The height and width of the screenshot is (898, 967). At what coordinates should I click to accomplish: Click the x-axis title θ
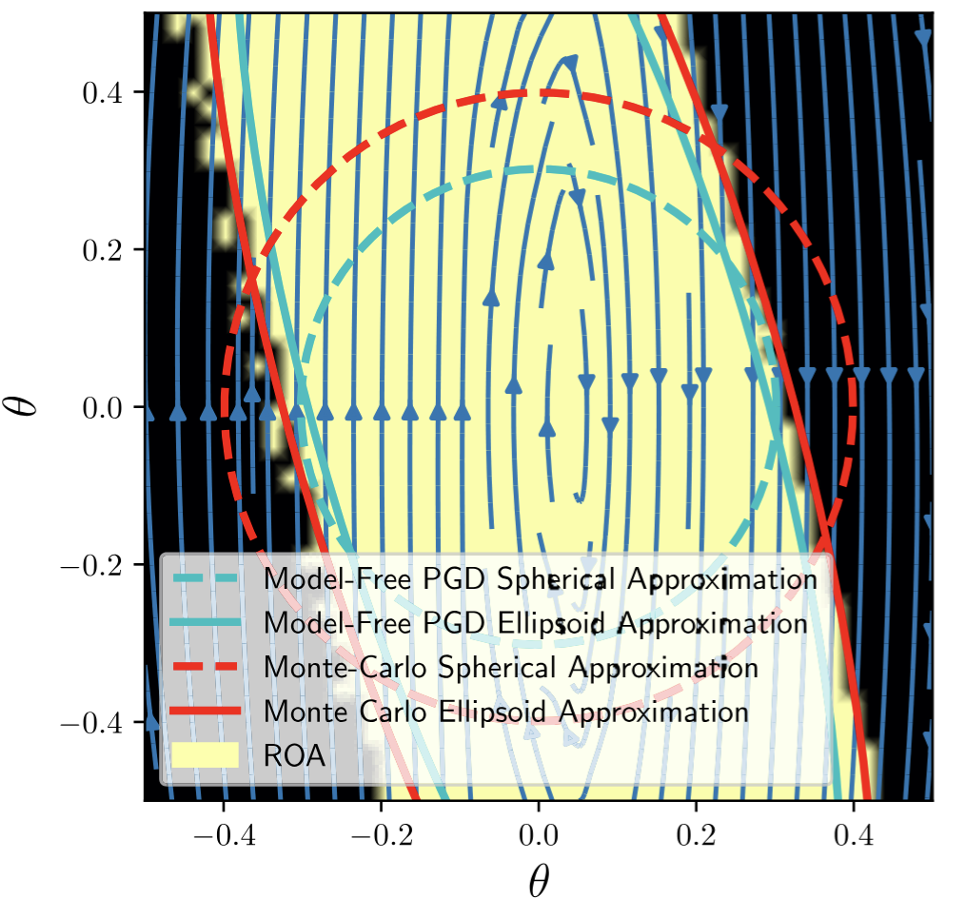click(x=539, y=879)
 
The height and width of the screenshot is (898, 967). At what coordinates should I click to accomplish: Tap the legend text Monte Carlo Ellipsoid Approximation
click(x=505, y=711)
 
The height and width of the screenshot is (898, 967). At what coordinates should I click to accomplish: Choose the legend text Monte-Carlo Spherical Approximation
click(x=510, y=668)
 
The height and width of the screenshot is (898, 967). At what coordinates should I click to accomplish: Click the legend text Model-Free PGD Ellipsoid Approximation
click(x=536, y=624)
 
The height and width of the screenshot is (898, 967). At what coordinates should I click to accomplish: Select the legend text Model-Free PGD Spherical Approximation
click(x=541, y=579)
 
